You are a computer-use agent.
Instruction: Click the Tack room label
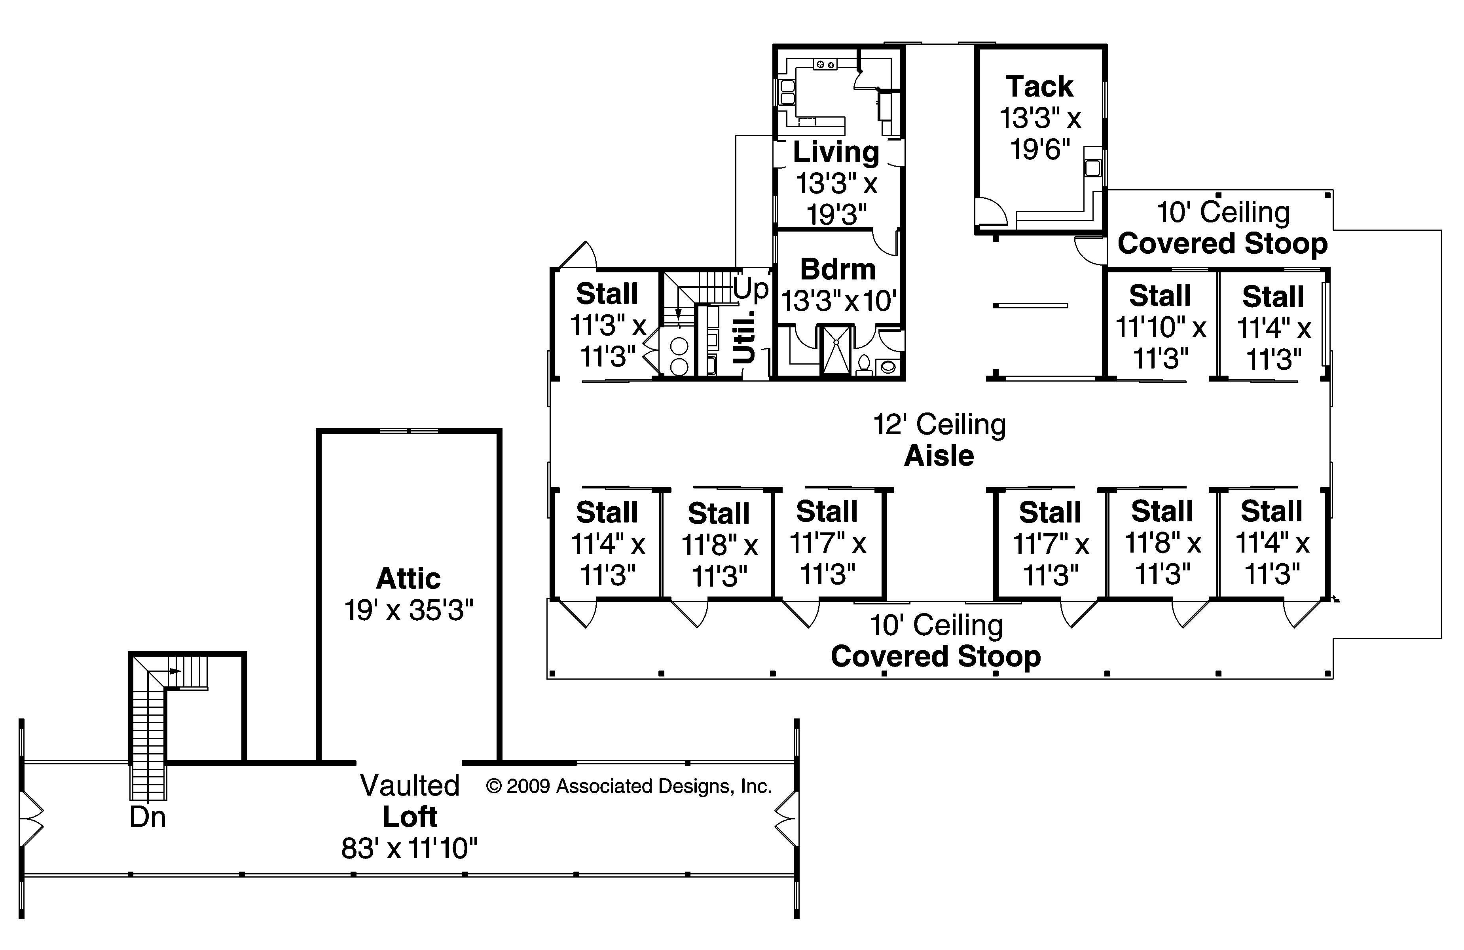tap(1039, 87)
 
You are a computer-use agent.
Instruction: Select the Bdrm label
tap(838, 270)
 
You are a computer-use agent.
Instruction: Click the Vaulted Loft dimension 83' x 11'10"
tap(410, 849)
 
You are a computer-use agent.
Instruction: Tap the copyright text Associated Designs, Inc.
tap(629, 787)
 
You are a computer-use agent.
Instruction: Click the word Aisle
tap(939, 456)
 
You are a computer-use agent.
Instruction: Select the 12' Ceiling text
tap(939, 425)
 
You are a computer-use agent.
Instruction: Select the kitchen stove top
tap(825, 65)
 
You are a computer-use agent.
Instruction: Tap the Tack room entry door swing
tap(990, 211)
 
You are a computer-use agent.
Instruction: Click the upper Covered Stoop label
tap(1222, 244)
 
